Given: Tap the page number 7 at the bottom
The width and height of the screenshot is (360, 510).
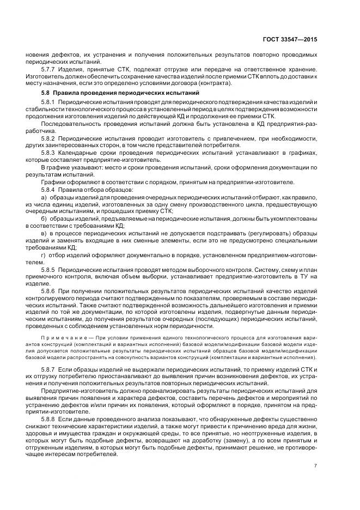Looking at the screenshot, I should [x=316, y=466].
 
